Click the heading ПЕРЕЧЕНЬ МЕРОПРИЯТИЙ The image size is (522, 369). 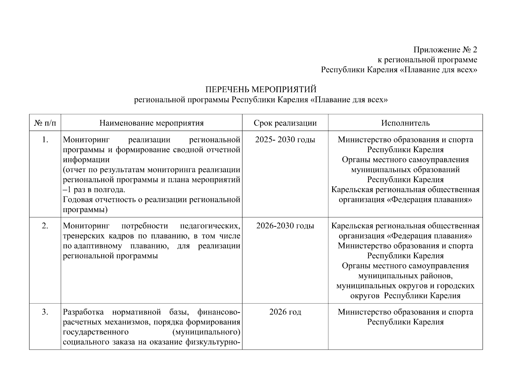point(261,89)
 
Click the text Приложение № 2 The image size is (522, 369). point(445,50)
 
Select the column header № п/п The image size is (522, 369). point(45,123)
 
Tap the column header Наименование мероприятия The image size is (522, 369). point(151,123)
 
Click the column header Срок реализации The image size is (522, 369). point(285,123)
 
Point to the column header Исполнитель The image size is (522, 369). point(405,123)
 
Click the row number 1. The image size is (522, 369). point(45,140)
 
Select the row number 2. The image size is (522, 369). point(45,226)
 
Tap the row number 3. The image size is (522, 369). point(45,312)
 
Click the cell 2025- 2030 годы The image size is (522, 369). point(285,140)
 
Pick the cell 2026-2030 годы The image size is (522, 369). point(285,226)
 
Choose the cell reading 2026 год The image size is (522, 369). point(285,312)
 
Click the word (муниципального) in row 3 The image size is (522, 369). point(206,332)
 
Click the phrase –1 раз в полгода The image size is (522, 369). point(94,190)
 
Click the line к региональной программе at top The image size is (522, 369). point(427,60)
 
